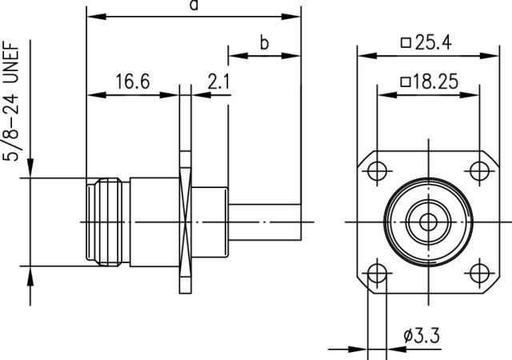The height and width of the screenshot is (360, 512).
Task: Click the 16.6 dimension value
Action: (133, 82)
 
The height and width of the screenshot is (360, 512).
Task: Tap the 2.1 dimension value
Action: (218, 82)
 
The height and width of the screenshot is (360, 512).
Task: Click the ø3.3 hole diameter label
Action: (422, 335)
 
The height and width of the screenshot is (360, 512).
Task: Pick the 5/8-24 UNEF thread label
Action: (12, 101)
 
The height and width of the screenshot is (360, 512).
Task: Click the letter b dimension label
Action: (264, 42)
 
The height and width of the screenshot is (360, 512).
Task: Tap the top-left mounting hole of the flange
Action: (377, 171)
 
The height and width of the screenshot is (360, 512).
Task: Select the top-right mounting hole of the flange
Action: (479, 171)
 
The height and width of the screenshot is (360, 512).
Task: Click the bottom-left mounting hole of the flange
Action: (377, 273)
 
